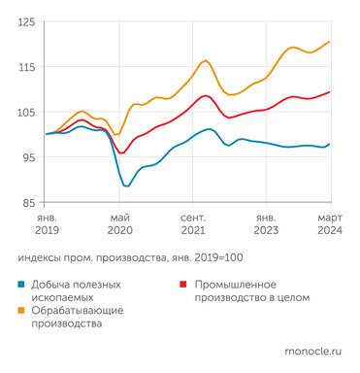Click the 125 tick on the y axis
(x=26, y=21)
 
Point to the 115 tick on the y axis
(x=26, y=66)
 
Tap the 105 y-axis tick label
(x=26, y=112)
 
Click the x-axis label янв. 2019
(x=47, y=224)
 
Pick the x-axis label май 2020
(x=120, y=224)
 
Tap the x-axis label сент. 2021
(x=192, y=224)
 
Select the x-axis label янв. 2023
(x=265, y=224)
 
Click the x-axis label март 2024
(x=329, y=224)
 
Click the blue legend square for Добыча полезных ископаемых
(x=21, y=285)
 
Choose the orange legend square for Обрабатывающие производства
(x=21, y=311)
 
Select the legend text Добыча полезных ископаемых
(x=78, y=290)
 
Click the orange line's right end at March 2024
(x=330, y=42)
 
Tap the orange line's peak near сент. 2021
(x=205, y=60)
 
